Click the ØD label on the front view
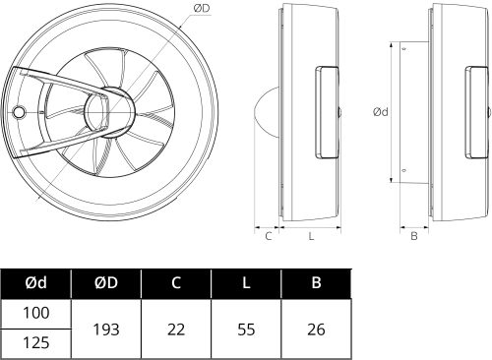202,9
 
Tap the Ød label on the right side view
381,112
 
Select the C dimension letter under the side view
269,236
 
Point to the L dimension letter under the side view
311,236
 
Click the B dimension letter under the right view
414,236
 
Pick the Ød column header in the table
35,282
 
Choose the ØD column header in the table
106,282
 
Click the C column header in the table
176,282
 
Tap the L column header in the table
246,282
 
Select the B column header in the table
316,282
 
